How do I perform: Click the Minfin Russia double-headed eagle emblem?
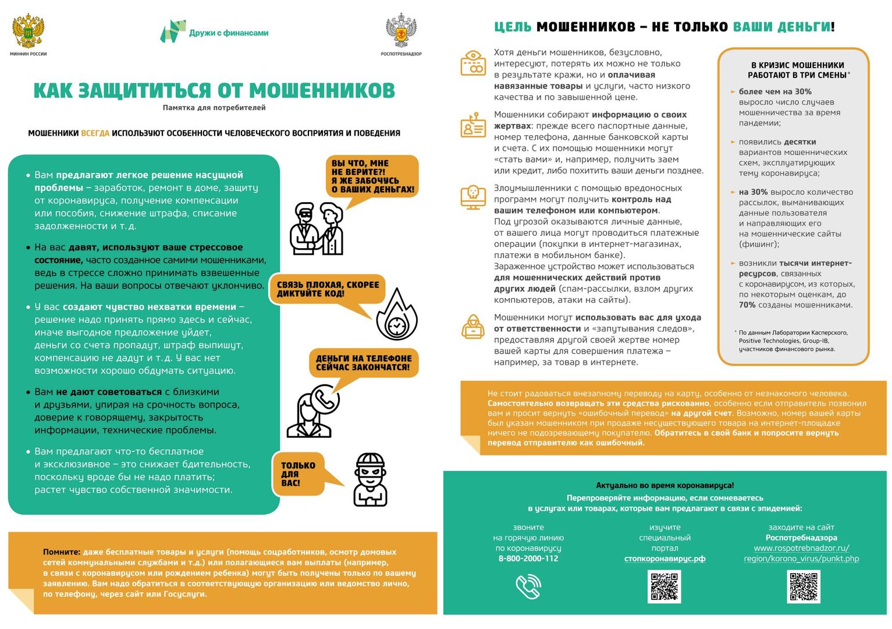tap(28, 31)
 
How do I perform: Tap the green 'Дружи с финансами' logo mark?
tap(173, 31)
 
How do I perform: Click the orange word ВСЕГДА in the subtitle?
tap(95, 133)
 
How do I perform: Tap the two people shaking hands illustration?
tap(317, 229)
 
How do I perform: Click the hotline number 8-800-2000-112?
tap(528, 559)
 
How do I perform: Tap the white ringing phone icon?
tap(528, 586)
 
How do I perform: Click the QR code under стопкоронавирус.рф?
tap(664, 586)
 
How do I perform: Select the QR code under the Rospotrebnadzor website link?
tap(803, 586)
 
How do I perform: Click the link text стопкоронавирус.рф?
tap(664, 559)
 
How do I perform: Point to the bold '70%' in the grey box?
tap(747, 305)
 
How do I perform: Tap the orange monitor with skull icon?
tap(473, 197)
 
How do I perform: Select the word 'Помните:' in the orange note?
tap(62, 552)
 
